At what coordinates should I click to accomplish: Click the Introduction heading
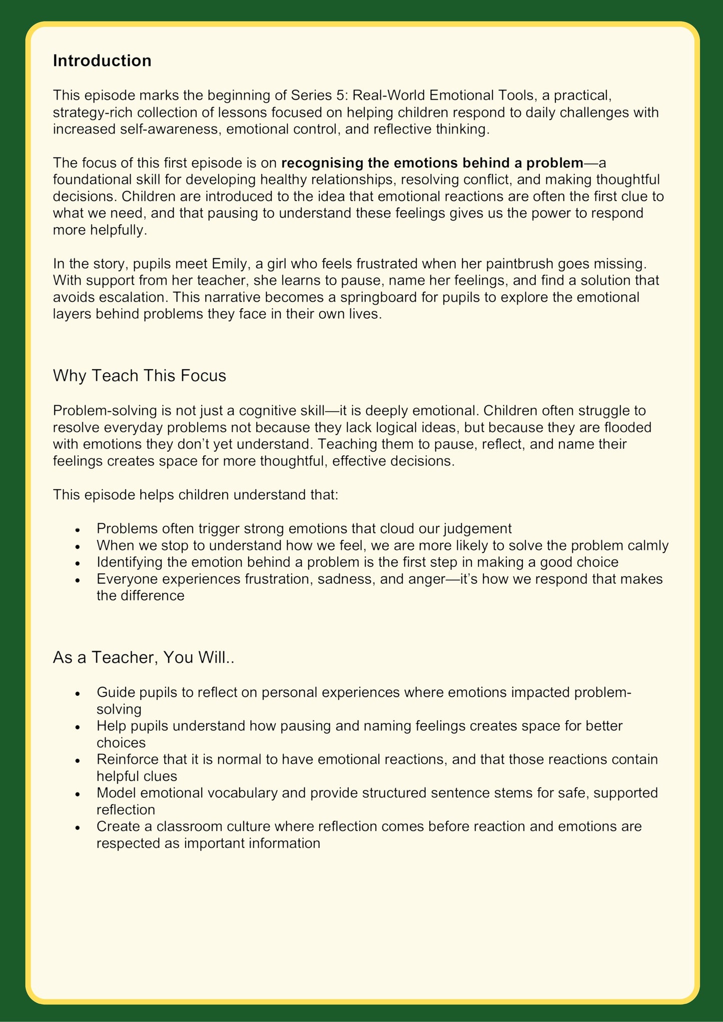[x=102, y=61]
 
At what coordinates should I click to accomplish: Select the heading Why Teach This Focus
[x=139, y=375]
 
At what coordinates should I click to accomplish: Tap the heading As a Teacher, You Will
[x=144, y=657]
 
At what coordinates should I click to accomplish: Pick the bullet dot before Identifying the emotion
[x=77, y=563]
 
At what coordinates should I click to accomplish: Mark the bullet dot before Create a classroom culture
[x=77, y=827]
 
